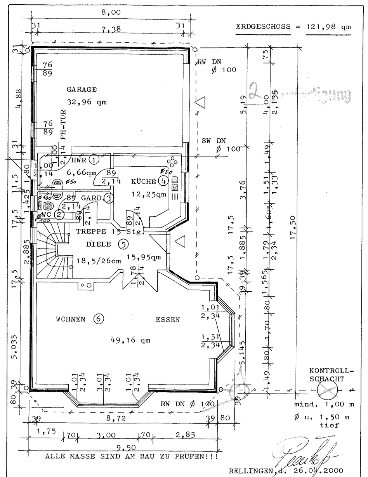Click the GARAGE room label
pos(82,89)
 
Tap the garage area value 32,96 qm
pos(86,103)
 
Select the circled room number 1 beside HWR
pos(94,159)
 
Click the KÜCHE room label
pos(144,181)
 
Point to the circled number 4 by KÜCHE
pos(163,181)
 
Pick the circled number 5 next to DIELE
pos(123,244)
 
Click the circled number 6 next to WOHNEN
pos(98,319)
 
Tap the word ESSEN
pos(168,320)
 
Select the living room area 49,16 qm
pos(130,340)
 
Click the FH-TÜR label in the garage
pos(63,125)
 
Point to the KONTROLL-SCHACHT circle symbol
pos(326,389)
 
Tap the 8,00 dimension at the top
pos(111,12)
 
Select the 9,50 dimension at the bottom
pos(123,447)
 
